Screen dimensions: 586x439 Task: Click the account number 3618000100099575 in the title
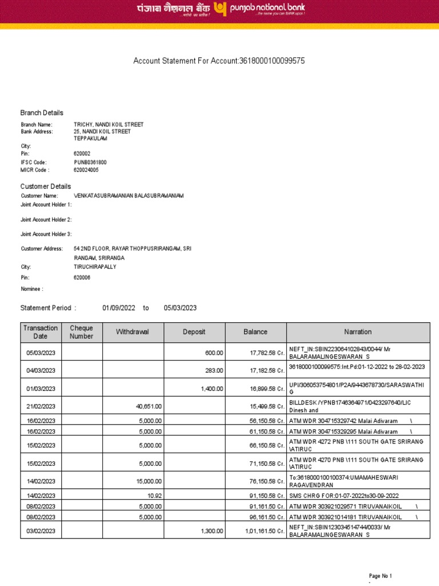click(x=275, y=61)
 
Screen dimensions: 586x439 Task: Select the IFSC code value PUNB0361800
click(x=90, y=163)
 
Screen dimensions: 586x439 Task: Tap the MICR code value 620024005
click(x=86, y=170)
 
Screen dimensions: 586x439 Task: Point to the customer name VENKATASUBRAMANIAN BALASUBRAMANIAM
click(x=129, y=196)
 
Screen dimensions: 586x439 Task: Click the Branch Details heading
click(x=42, y=113)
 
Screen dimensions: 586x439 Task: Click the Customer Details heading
click(x=46, y=187)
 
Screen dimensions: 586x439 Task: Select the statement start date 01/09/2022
click(x=119, y=308)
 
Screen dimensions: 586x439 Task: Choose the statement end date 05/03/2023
click(x=180, y=308)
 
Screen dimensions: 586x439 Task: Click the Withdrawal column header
click(x=133, y=332)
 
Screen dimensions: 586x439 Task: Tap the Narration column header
click(x=358, y=332)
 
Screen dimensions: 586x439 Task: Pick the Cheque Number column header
click(x=81, y=332)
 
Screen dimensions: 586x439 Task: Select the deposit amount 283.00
click(x=214, y=371)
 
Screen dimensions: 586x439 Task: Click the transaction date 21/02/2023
click(x=41, y=406)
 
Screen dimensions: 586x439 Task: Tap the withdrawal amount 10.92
click(x=155, y=495)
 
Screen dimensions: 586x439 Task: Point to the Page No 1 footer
click(x=381, y=576)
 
